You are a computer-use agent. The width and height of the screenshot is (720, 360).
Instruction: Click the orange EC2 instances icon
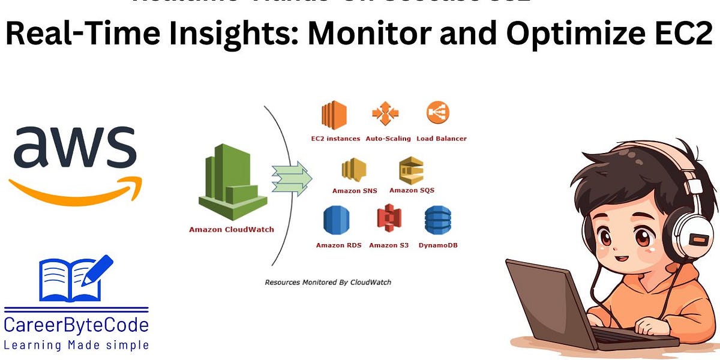334,116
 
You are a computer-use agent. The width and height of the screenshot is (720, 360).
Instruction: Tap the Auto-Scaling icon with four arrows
385,115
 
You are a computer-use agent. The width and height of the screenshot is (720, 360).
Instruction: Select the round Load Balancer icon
438,113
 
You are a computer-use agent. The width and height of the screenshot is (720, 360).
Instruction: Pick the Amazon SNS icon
354,170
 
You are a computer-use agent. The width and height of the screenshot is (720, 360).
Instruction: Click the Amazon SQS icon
411,170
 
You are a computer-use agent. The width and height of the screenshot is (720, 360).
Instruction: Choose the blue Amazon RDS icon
336,220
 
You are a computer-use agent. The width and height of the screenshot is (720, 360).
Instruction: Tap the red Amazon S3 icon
389,218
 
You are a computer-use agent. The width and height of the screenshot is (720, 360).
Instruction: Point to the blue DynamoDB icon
438,220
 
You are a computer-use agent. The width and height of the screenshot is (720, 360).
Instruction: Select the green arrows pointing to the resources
292,178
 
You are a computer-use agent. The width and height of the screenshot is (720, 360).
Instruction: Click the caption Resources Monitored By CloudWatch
328,281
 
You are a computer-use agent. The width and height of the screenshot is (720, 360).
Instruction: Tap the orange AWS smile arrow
75,191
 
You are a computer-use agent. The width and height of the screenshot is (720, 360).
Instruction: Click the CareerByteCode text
76,326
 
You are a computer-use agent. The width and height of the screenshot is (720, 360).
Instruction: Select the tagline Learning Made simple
76,345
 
